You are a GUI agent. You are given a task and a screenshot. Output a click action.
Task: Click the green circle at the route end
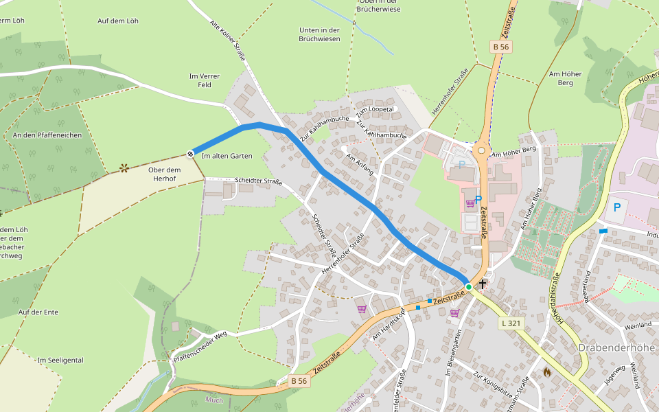[x=468, y=286]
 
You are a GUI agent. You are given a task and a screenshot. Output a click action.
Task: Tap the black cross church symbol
[x=483, y=283]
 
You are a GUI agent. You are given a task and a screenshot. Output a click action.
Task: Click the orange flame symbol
[x=547, y=371]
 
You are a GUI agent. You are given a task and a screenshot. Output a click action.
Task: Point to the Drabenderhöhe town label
[x=617, y=347]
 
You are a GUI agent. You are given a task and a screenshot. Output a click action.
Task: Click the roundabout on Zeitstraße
[x=481, y=150]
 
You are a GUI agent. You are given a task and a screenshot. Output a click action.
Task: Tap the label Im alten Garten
[x=227, y=156]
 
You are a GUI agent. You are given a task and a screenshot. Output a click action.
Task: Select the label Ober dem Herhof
[x=163, y=174]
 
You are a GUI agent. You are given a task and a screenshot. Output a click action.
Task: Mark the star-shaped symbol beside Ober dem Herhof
[x=124, y=167]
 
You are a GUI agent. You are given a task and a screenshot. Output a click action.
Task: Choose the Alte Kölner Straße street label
[x=227, y=42]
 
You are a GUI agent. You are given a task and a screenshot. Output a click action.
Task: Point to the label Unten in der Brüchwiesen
[x=320, y=35]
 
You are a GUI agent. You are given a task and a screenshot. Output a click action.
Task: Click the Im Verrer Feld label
[x=200, y=80]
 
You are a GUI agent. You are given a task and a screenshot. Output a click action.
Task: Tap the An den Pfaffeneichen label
[x=47, y=135]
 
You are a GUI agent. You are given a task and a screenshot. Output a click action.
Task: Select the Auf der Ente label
[x=38, y=312]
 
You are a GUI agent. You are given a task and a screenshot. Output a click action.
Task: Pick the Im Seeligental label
[x=60, y=360]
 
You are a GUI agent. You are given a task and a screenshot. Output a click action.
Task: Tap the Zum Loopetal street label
[x=375, y=111]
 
